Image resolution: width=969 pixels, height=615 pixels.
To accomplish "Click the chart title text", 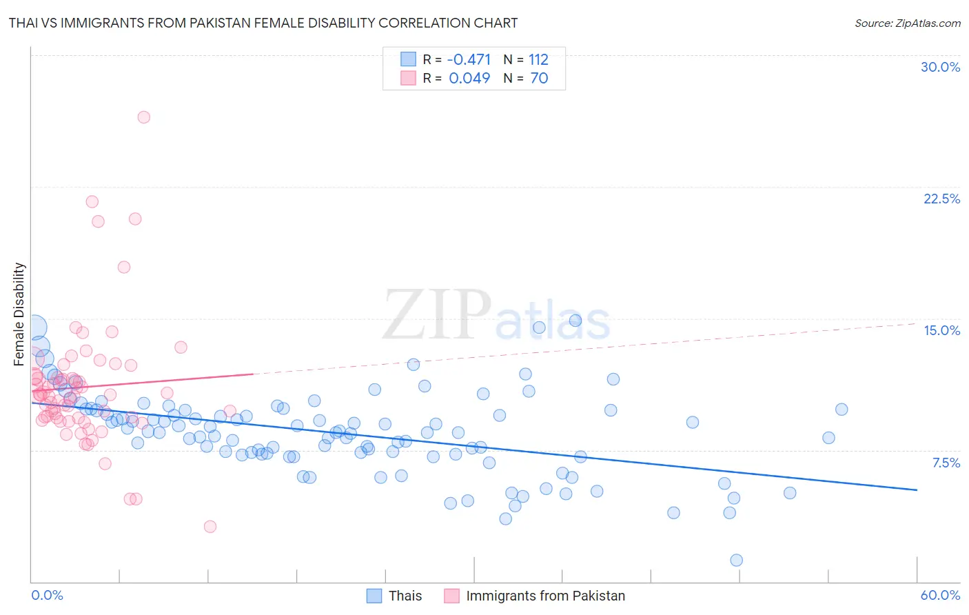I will pyautogui.click(x=263, y=23).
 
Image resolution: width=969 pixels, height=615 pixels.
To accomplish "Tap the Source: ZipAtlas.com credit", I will pyautogui.click(x=907, y=23).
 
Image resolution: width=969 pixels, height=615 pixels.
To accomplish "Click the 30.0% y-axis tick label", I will pyautogui.click(x=940, y=67).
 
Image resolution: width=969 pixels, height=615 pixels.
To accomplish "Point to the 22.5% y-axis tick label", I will pyautogui.click(x=941, y=199).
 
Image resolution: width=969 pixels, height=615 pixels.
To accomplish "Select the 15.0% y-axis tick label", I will pyautogui.click(x=941, y=330).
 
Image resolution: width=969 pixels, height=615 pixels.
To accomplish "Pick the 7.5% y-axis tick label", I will pyautogui.click(x=946, y=463).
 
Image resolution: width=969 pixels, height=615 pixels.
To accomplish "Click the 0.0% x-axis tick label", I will pyautogui.click(x=47, y=595).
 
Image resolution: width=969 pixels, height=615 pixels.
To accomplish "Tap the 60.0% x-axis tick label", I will pyautogui.click(x=940, y=595).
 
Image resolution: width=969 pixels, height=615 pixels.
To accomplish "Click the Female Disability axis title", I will pyautogui.click(x=19, y=314).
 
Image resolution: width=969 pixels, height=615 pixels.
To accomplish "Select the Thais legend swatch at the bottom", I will pyautogui.click(x=374, y=596).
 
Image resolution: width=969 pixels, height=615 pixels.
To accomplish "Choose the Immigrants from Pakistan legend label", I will pyautogui.click(x=545, y=596).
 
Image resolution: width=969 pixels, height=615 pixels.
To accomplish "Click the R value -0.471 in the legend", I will pyautogui.click(x=469, y=59).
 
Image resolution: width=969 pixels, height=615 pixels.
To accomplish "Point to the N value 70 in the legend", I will pyautogui.click(x=539, y=78).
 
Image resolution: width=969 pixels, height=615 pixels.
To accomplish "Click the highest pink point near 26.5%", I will pyautogui.click(x=143, y=117).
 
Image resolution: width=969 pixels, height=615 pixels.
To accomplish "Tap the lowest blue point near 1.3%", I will pyautogui.click(x=736, y=560).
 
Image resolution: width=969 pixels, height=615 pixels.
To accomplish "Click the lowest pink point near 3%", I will pyautogui.click(x=210, y=526).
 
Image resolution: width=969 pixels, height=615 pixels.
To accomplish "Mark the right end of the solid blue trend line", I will pyautogui.click(x=917, y=490).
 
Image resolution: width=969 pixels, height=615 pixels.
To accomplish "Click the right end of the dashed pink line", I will pyautogui.click(x=917, y=323).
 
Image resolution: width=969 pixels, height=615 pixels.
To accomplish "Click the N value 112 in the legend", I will pyautogui.click(x=538, y=59).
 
